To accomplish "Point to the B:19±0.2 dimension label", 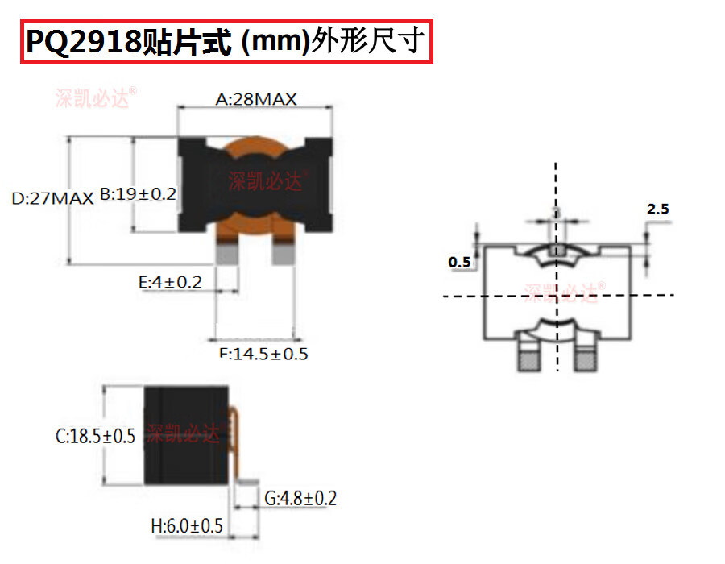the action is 138,194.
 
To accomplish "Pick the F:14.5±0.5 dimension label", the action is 263,354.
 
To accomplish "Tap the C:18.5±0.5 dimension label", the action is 95,437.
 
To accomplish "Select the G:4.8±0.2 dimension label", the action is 300,498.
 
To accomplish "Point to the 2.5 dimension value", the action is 657,209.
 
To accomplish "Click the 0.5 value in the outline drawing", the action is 459,263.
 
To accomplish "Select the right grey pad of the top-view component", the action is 284,254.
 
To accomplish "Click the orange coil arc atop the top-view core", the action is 256,146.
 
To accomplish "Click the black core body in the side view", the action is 186,436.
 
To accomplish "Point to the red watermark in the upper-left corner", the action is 95,97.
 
